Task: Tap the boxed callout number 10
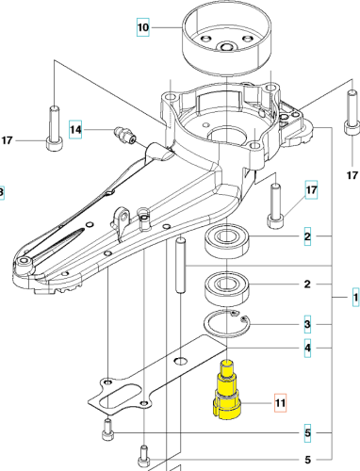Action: tap(143, 28)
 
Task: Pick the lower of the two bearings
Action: tap(226, 284)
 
